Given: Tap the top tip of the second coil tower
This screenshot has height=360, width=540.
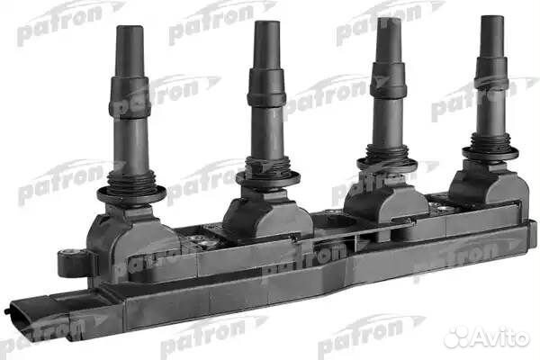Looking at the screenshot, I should [266, 25].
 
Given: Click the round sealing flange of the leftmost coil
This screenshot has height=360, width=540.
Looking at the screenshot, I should [131, 191].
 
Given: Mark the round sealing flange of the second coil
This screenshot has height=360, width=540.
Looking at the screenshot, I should [267, 176].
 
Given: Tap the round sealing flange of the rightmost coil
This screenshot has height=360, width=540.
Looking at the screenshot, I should [490, 152].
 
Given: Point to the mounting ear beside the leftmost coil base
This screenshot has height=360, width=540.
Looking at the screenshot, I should [70, 262].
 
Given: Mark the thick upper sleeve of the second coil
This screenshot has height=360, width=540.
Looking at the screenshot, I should [266, 86].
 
